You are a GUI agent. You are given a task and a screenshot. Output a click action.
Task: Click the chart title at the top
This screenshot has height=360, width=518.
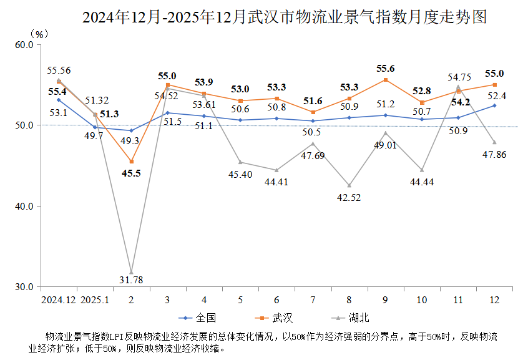click(x=284, y=17)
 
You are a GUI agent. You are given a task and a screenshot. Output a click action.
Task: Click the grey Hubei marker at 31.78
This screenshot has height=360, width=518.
click(x=132, y=272)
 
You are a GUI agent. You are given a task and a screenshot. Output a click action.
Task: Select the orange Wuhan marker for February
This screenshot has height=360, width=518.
click(x=132, y=162)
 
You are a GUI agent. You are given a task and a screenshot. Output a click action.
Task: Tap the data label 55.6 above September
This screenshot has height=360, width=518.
click(x=385, y=69)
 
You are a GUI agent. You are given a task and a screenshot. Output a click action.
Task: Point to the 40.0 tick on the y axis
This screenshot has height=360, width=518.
click(x=24, y=206)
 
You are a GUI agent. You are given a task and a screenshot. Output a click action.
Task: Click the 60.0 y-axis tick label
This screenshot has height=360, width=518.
click(x=24, y=45)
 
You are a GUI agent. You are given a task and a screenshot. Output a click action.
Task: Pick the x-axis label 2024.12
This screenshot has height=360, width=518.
click(x=59, y=300)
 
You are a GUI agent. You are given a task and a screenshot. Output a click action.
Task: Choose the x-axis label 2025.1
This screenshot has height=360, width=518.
click(x=95, y=300)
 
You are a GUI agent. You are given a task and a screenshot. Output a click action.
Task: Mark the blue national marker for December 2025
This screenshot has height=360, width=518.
click(x=494, y=105)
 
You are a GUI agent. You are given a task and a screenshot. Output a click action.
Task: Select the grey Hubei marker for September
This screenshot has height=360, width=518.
click(x=385, y=132)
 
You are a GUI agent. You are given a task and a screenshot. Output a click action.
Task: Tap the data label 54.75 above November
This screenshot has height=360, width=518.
click(x=459, y=77)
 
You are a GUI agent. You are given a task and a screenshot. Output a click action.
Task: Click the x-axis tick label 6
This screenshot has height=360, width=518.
click(x=276, y=300)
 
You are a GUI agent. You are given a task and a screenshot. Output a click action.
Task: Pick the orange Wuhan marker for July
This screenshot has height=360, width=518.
click(x=313, y=112)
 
